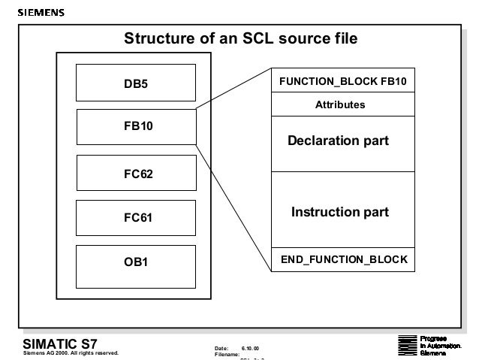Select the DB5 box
137,84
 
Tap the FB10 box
137,127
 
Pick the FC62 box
137,174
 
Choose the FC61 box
137,218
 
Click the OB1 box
137,263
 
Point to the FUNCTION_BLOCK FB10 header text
342,80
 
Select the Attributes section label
340,104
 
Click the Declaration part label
339,141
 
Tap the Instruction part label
340,213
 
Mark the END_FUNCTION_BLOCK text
344,259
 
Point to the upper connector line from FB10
233,91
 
